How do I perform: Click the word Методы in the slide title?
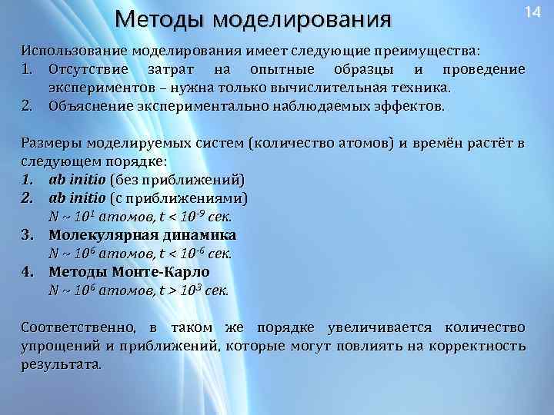click(x=159, y=18)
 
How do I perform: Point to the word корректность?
click(x=478, y=346)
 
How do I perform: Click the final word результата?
click(x=60, y=364)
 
